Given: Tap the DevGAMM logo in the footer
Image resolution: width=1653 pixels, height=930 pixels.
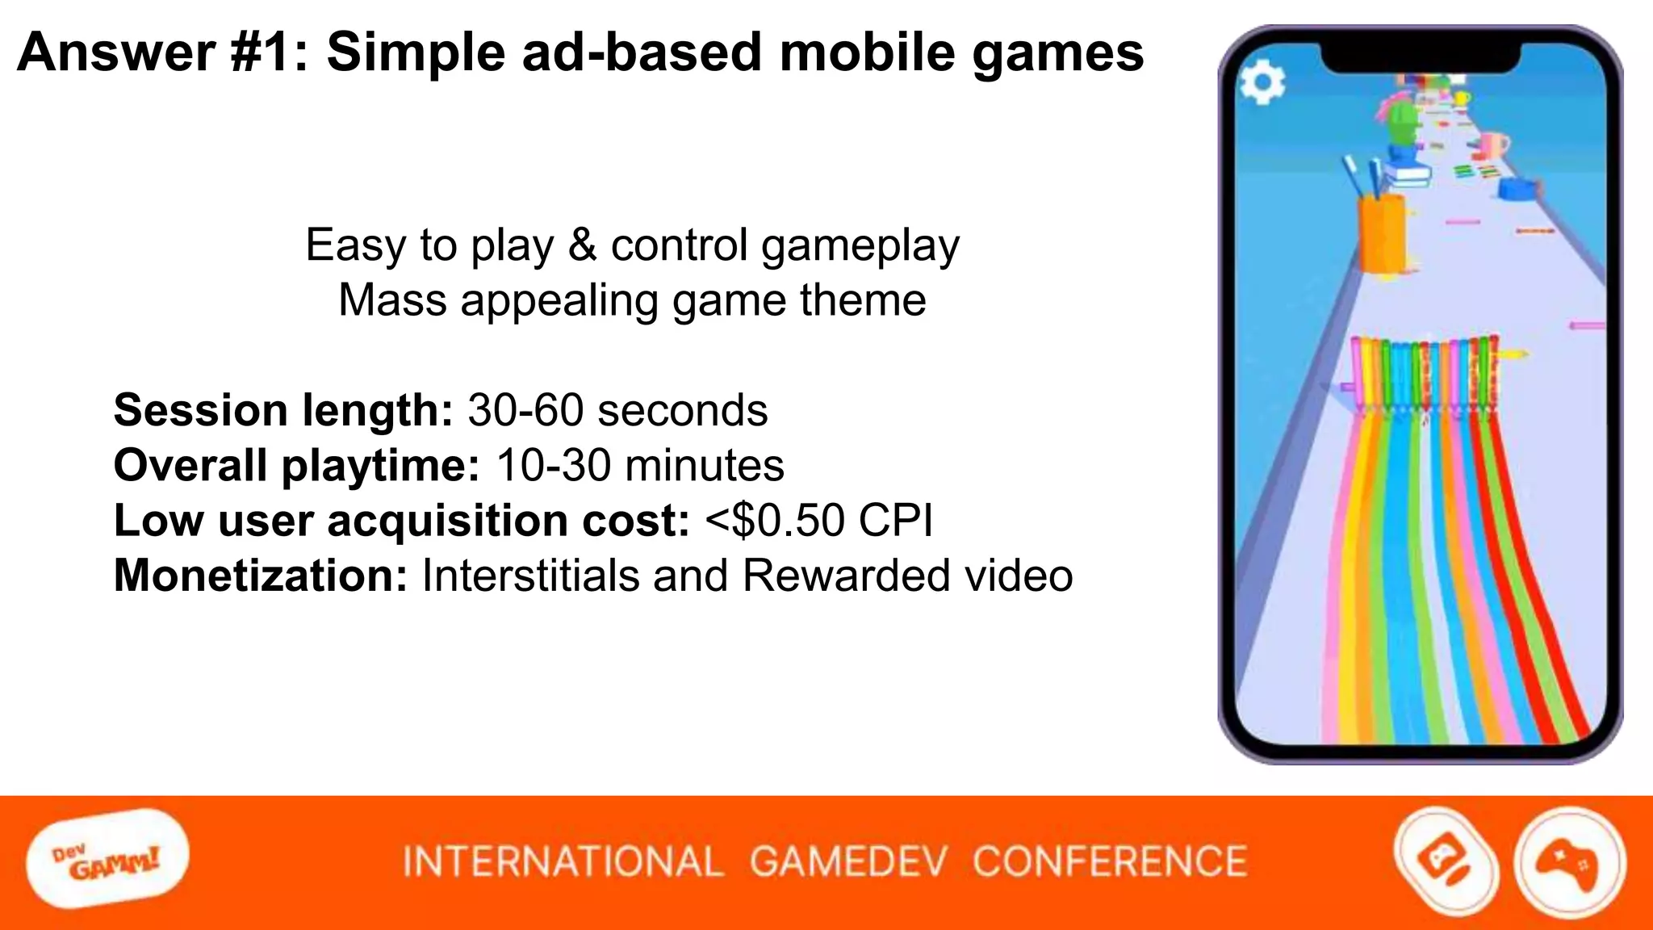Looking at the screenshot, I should point(107,860).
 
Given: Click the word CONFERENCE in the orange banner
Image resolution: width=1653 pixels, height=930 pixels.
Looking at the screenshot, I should point(1110,861).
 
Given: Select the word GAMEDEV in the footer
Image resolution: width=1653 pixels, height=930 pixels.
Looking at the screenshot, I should point(847,861).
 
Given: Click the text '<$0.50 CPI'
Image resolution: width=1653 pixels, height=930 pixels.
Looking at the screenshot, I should point(818,521).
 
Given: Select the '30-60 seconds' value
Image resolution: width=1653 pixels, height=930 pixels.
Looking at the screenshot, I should point(617,410).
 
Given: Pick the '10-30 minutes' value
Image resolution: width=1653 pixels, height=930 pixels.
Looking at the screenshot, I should point(640,466).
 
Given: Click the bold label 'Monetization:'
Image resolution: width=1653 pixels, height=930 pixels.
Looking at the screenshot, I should point(261,576).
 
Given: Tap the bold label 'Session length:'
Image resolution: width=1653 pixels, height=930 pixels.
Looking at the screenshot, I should point(282,410).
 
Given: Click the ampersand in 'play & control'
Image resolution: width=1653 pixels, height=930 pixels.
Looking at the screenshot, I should point(582,245).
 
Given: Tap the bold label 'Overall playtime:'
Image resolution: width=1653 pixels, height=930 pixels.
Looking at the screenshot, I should point(296,466).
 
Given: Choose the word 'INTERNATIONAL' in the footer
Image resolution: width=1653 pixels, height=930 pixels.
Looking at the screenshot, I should point(563,861).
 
